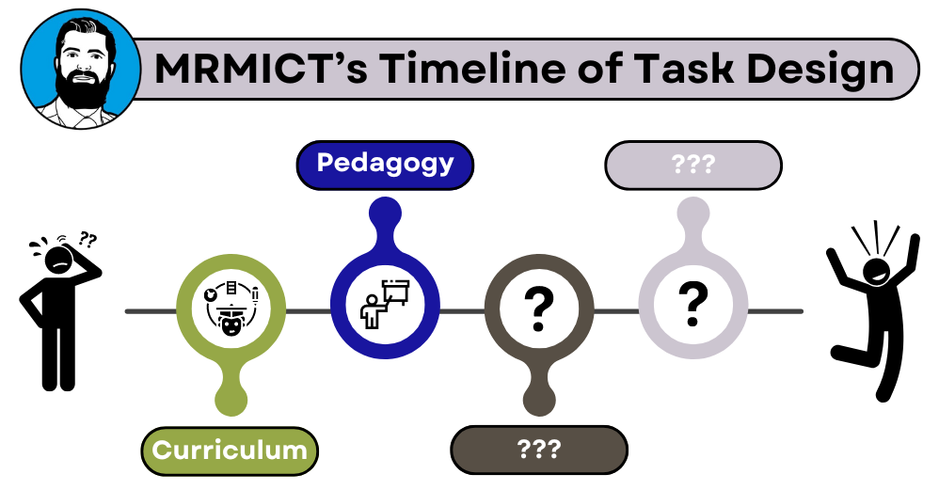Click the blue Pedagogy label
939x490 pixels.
385,164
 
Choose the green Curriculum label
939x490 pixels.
230,450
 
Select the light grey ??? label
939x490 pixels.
693,165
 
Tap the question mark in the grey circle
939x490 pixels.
693,302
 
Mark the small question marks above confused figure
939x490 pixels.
88,239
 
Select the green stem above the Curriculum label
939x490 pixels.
230,395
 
